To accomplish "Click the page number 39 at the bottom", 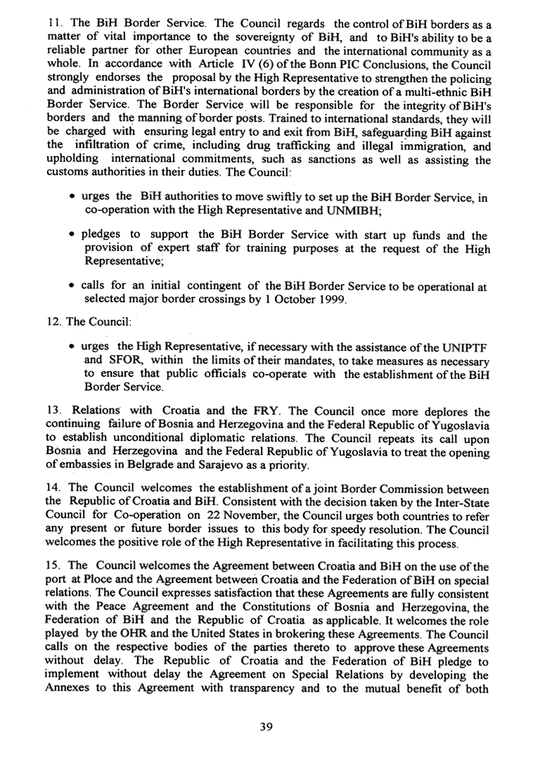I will tap(265, 727).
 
